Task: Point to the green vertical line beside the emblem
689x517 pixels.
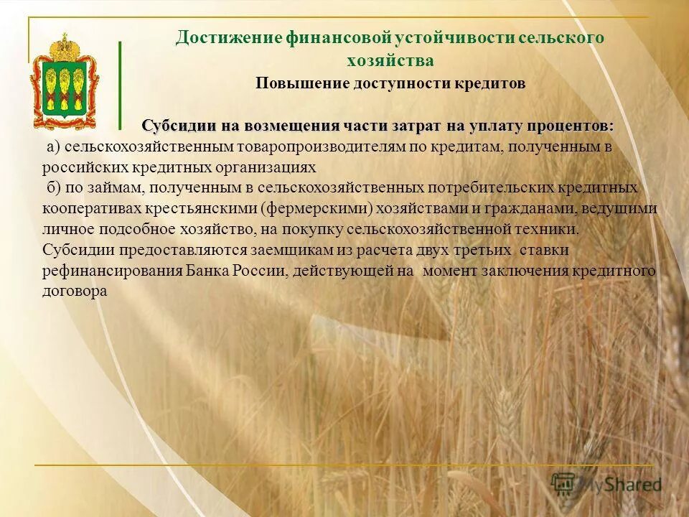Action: pos(120,83)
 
